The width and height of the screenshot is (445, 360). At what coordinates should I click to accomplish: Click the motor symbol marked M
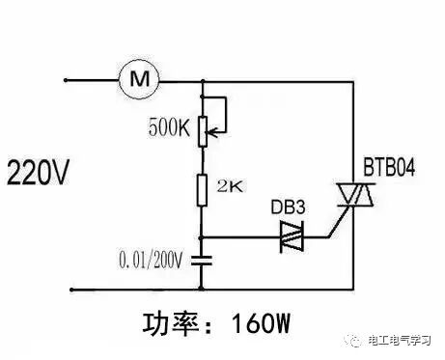[139, 78]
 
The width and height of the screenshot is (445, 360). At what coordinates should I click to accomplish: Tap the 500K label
[169, 127]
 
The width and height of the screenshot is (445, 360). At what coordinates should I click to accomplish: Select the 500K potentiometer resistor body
[203, 132]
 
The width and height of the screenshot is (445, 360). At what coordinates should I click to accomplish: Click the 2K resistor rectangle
[202, 190]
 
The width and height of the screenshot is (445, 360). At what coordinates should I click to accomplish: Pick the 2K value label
[230, 186]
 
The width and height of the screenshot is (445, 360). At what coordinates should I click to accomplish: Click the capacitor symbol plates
[202, 261]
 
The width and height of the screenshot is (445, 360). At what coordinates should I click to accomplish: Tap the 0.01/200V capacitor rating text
[151, 260]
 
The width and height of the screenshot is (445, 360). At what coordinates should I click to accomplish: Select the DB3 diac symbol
[292, 237]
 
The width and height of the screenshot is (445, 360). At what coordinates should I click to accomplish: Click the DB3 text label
[288, 207]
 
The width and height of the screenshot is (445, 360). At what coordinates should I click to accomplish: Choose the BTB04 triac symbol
[355, 195]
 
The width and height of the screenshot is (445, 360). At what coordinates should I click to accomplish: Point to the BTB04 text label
[389, 167]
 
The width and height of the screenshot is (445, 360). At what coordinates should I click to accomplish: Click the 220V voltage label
[38, 172]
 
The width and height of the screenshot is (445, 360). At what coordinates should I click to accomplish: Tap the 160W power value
[261, 322]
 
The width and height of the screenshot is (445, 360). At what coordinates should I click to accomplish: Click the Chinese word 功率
[171, 323]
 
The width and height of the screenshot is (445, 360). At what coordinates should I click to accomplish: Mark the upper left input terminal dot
[66, 80]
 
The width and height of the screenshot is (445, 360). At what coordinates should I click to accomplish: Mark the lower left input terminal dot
[71, 290]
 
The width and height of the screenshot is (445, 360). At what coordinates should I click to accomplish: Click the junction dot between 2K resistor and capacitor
[201, 237]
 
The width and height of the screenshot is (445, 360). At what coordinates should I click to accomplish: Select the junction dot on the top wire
[203, 81]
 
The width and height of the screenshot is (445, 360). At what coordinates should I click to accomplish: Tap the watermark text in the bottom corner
[400, 340]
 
